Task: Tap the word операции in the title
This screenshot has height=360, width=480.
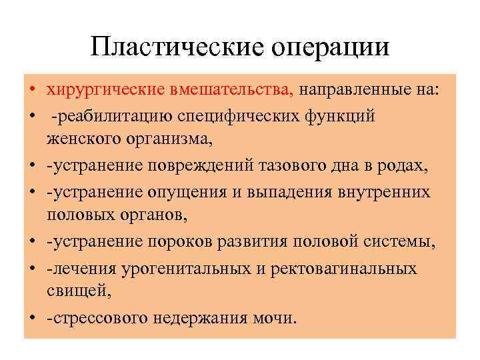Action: click(329, 47)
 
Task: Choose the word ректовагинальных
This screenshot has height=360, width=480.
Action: click(338, 269)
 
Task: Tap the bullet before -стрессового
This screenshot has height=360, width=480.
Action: click(32, 318)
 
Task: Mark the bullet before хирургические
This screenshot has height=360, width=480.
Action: click(32, 90)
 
